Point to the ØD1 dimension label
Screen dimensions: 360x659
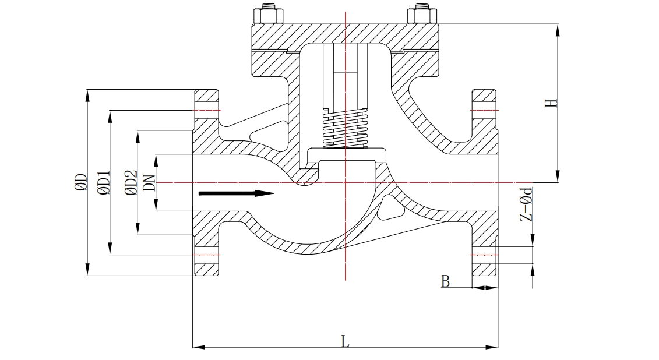[x=104, y=182]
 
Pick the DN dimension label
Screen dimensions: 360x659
[x=149, y=182]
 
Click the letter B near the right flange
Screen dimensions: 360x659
[x=446, y=281]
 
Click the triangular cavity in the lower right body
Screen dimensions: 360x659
[x=389, y=207]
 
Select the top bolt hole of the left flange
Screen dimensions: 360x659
[x=206, y=110]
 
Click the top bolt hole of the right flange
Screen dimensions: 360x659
[x=484, y=110]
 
